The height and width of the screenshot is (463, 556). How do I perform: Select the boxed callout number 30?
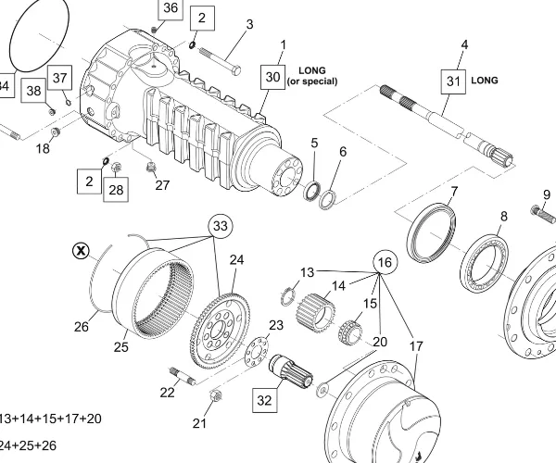pos(272,77)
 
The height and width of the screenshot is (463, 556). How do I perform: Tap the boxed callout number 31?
pos(453,81)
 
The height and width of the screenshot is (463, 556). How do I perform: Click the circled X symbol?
pos(82,250)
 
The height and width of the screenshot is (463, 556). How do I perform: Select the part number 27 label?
pos(162,185)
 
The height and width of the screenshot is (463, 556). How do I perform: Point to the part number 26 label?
pos(82,326)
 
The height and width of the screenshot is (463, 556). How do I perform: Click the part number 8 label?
pos(503,217)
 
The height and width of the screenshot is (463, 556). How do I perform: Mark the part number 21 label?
pos(199,424)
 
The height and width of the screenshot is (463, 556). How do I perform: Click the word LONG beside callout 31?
pos(485,81)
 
